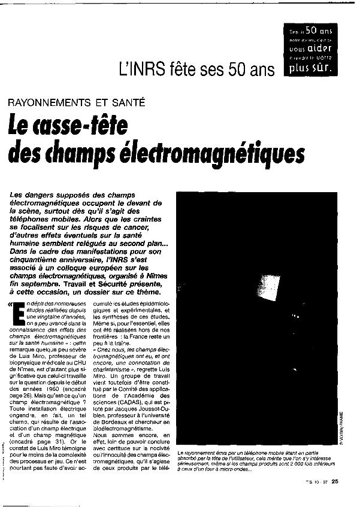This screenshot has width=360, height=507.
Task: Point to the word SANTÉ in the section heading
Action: pos(126,102)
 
